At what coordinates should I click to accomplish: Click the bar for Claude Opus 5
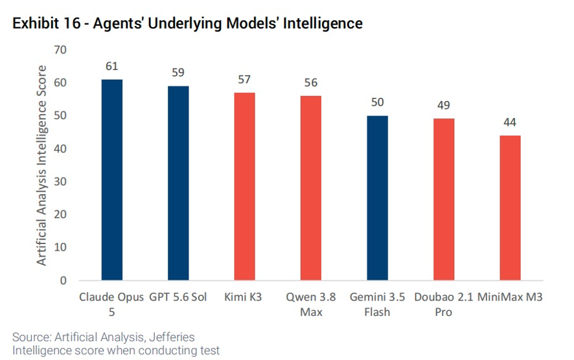[112, 179]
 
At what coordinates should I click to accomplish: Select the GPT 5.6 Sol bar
[178, 183]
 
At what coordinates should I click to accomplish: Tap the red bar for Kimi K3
[244, 186]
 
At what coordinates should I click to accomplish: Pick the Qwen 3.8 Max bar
[311, 188]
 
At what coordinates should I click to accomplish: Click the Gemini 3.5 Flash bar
[378, 198]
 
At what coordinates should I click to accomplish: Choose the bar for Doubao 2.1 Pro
[444, 199]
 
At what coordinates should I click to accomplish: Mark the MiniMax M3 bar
[510, 208]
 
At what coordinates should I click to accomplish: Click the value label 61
[111, 66]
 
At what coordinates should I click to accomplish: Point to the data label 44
[510, 122]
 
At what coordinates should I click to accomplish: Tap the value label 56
[311, 83]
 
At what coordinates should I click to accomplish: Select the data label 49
[443, 106]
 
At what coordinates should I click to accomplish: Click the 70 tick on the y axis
[60, 50]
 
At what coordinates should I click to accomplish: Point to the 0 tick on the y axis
[63, 280]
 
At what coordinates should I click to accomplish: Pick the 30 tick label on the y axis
[60, 181]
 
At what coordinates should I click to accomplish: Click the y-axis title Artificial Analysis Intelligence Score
[41, 165]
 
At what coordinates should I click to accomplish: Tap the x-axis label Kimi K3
[243, 297]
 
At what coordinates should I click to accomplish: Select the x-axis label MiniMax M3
[510, 297]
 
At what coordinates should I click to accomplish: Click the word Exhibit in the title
[36, 23]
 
